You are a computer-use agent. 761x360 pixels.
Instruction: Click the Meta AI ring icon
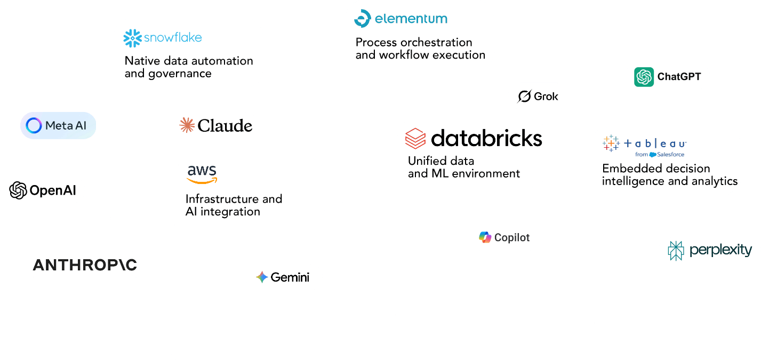34,126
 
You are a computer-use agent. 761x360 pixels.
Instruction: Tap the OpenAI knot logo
18,190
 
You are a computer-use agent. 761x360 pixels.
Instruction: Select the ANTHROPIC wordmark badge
85,265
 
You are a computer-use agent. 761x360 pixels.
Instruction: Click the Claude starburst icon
187,125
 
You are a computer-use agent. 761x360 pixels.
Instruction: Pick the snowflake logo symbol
132,38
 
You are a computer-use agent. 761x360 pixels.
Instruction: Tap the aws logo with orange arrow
202,174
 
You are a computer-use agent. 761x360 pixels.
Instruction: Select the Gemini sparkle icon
262,277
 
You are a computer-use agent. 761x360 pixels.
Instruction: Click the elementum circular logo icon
363,19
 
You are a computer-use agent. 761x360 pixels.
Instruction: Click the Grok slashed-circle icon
525,97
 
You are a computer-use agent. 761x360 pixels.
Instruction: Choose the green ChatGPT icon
644,77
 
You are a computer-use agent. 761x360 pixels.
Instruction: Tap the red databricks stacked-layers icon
415,139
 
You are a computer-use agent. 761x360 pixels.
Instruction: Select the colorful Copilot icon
485,237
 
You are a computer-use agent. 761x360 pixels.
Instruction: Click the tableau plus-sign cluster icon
611,143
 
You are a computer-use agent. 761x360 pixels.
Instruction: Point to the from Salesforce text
660,155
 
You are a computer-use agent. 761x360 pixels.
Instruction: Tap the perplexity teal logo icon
676,251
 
